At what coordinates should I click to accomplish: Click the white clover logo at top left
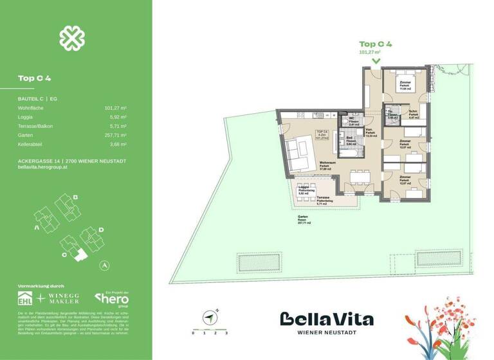(72, 38)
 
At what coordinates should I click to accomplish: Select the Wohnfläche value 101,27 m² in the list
(115, 109)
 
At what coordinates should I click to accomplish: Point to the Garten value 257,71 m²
(115, 136)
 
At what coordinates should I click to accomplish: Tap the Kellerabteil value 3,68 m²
(118, 145)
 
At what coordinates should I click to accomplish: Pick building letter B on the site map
(75, 197)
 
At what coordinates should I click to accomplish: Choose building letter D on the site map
(101, 230)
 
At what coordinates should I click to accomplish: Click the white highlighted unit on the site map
(80, 255)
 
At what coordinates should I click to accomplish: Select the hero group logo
(112, 299)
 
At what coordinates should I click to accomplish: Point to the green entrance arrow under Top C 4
(375, 61)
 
